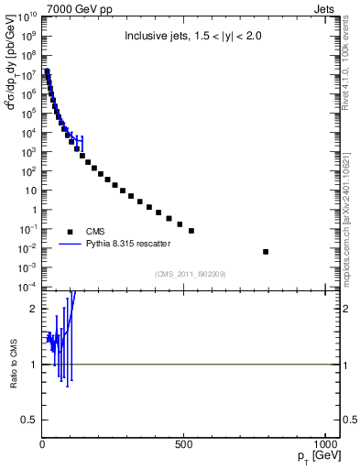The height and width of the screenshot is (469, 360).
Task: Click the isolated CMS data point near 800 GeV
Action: [x=266, y=252]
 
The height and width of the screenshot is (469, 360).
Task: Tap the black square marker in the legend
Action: [x=70, y=232]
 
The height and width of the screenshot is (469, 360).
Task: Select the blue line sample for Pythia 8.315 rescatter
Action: [x=70, y=244]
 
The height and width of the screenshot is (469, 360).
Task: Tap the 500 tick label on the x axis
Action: [x=184, y=445]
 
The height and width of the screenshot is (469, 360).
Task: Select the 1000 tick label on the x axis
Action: [x=324, y=445]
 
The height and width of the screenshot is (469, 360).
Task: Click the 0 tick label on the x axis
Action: [x=43, y=445]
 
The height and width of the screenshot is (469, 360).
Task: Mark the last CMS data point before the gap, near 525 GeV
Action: [x=191, y=231]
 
